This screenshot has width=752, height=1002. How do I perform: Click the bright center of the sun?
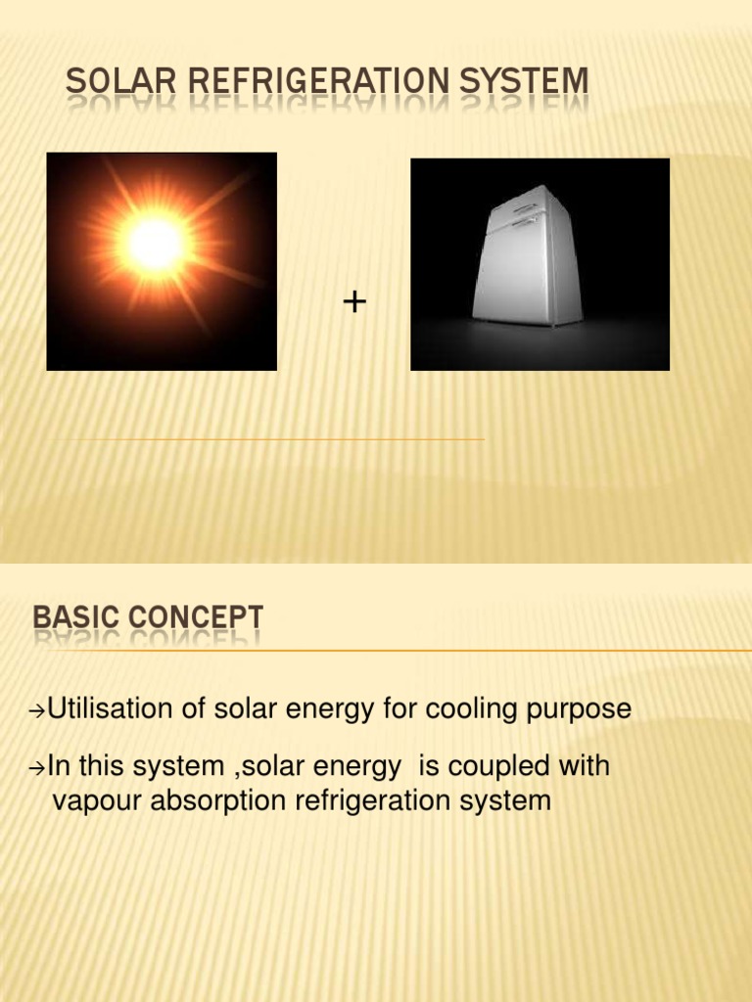click(x=155, y=245)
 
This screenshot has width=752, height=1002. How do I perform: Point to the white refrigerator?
click(x=525, y=259)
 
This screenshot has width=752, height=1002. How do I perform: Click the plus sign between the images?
click(x=354, y=303)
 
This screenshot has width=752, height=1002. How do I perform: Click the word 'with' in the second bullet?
click(x=586, y=766)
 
